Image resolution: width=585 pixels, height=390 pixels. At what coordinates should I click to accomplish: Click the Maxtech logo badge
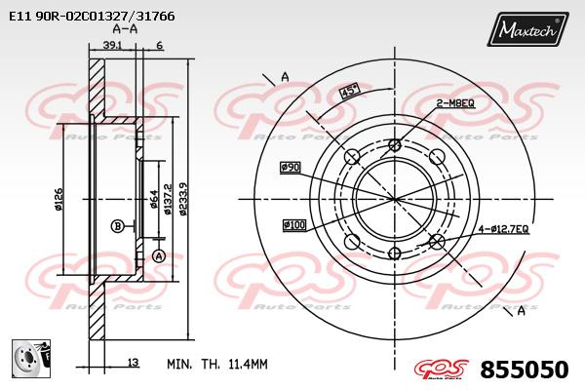pos(527,29)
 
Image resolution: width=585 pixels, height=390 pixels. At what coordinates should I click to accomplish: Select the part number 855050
pos(525,370)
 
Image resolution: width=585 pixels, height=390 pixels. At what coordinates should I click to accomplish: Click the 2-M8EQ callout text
pos(455,103)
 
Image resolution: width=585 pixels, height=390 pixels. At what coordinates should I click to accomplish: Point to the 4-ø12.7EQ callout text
pos(504,229)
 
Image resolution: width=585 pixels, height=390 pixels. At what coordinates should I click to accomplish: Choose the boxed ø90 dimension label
pos(291,167)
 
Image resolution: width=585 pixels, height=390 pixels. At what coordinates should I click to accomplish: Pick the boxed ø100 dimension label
pos(294,225)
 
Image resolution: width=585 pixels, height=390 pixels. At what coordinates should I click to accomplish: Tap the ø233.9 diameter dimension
pos(183,199)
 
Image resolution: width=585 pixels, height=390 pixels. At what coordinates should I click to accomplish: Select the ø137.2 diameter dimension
pos(168,199)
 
